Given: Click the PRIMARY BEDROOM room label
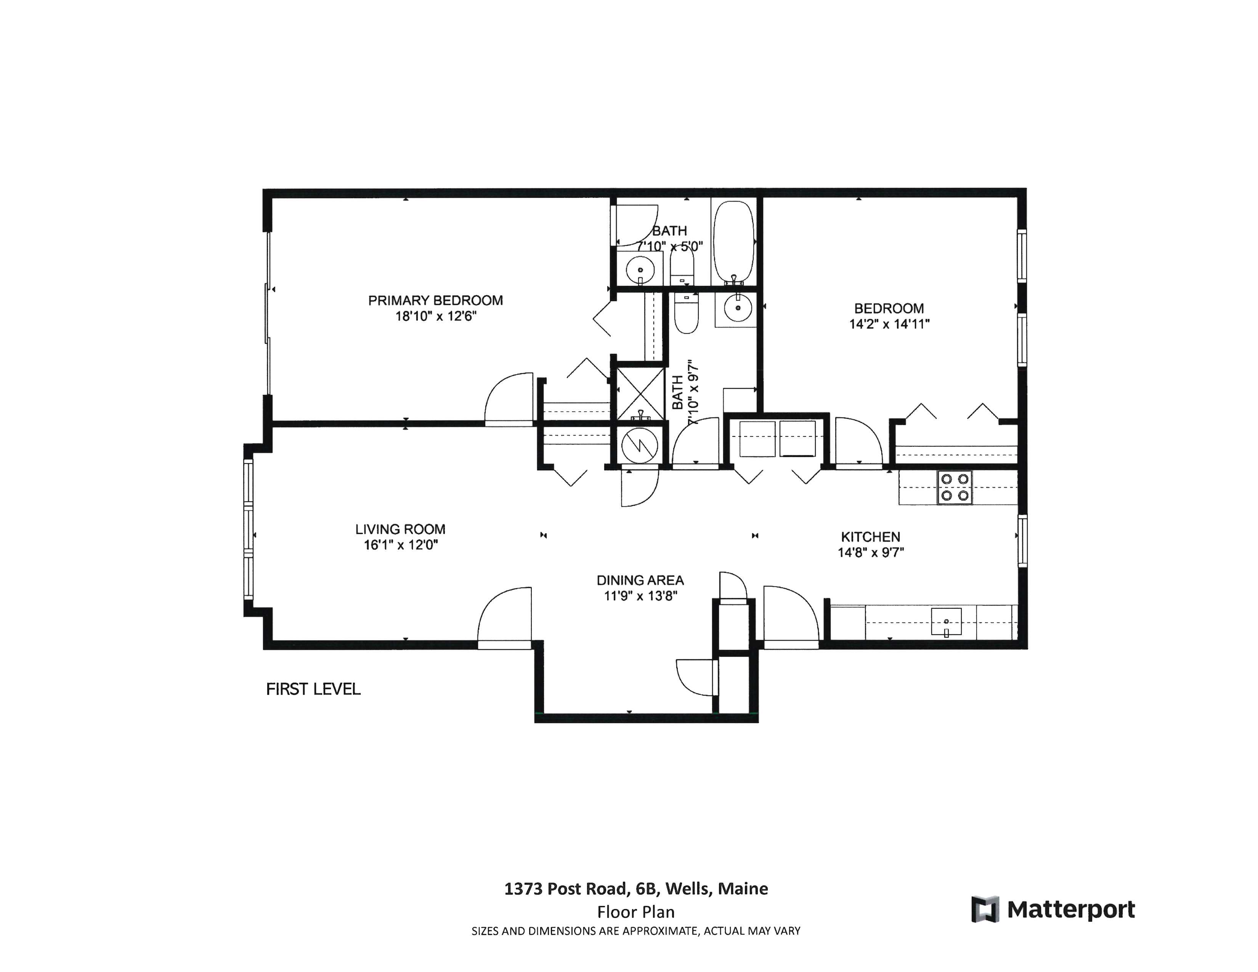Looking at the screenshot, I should pos(435,300).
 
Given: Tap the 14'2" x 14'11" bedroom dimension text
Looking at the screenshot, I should pos(889,324).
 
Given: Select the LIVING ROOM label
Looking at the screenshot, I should pos(400,529).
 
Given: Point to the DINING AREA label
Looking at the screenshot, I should pos(640,581).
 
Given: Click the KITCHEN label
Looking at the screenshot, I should pos(870,537).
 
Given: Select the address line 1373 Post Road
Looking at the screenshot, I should pos(636,889).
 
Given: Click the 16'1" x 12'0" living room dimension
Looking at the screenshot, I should pos(400,545).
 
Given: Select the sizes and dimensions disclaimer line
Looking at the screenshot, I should pos(636,931).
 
